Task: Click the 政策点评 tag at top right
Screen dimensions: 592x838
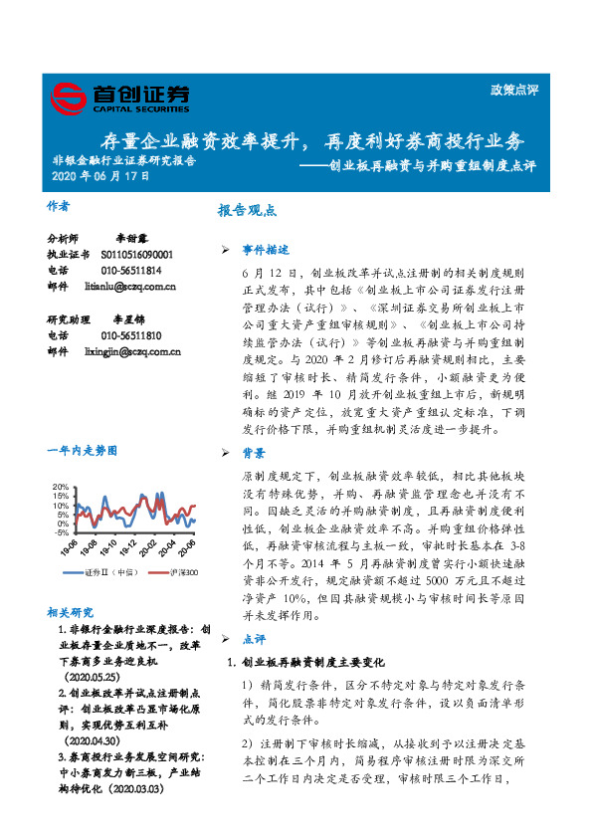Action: (x=514, y=90)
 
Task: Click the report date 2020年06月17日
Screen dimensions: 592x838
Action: (x=100, y=176)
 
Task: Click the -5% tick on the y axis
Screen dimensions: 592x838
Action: (x=61, y=532)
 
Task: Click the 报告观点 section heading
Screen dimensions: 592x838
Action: (x=247, y=211)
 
